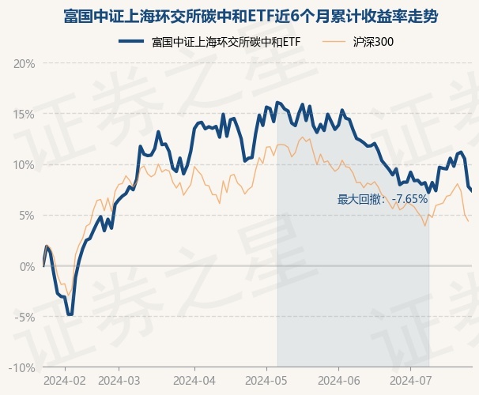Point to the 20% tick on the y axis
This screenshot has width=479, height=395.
coord(25,63)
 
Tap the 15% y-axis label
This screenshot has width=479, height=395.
coord(25,114)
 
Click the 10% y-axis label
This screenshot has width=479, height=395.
coord(25,164)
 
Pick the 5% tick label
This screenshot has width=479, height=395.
coord(28,215)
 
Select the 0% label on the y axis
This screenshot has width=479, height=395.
coord(28,266)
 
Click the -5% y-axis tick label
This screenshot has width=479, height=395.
coord(26,317)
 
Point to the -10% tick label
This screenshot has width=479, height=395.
coord(24,367)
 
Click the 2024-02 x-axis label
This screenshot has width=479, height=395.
coord(64,381)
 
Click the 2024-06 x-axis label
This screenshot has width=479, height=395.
coord(340,381)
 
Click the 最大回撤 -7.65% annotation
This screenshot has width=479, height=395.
coord(383,199)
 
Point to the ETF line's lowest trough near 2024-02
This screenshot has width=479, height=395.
coord(70,314)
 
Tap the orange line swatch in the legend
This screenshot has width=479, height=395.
coord(334,41)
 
